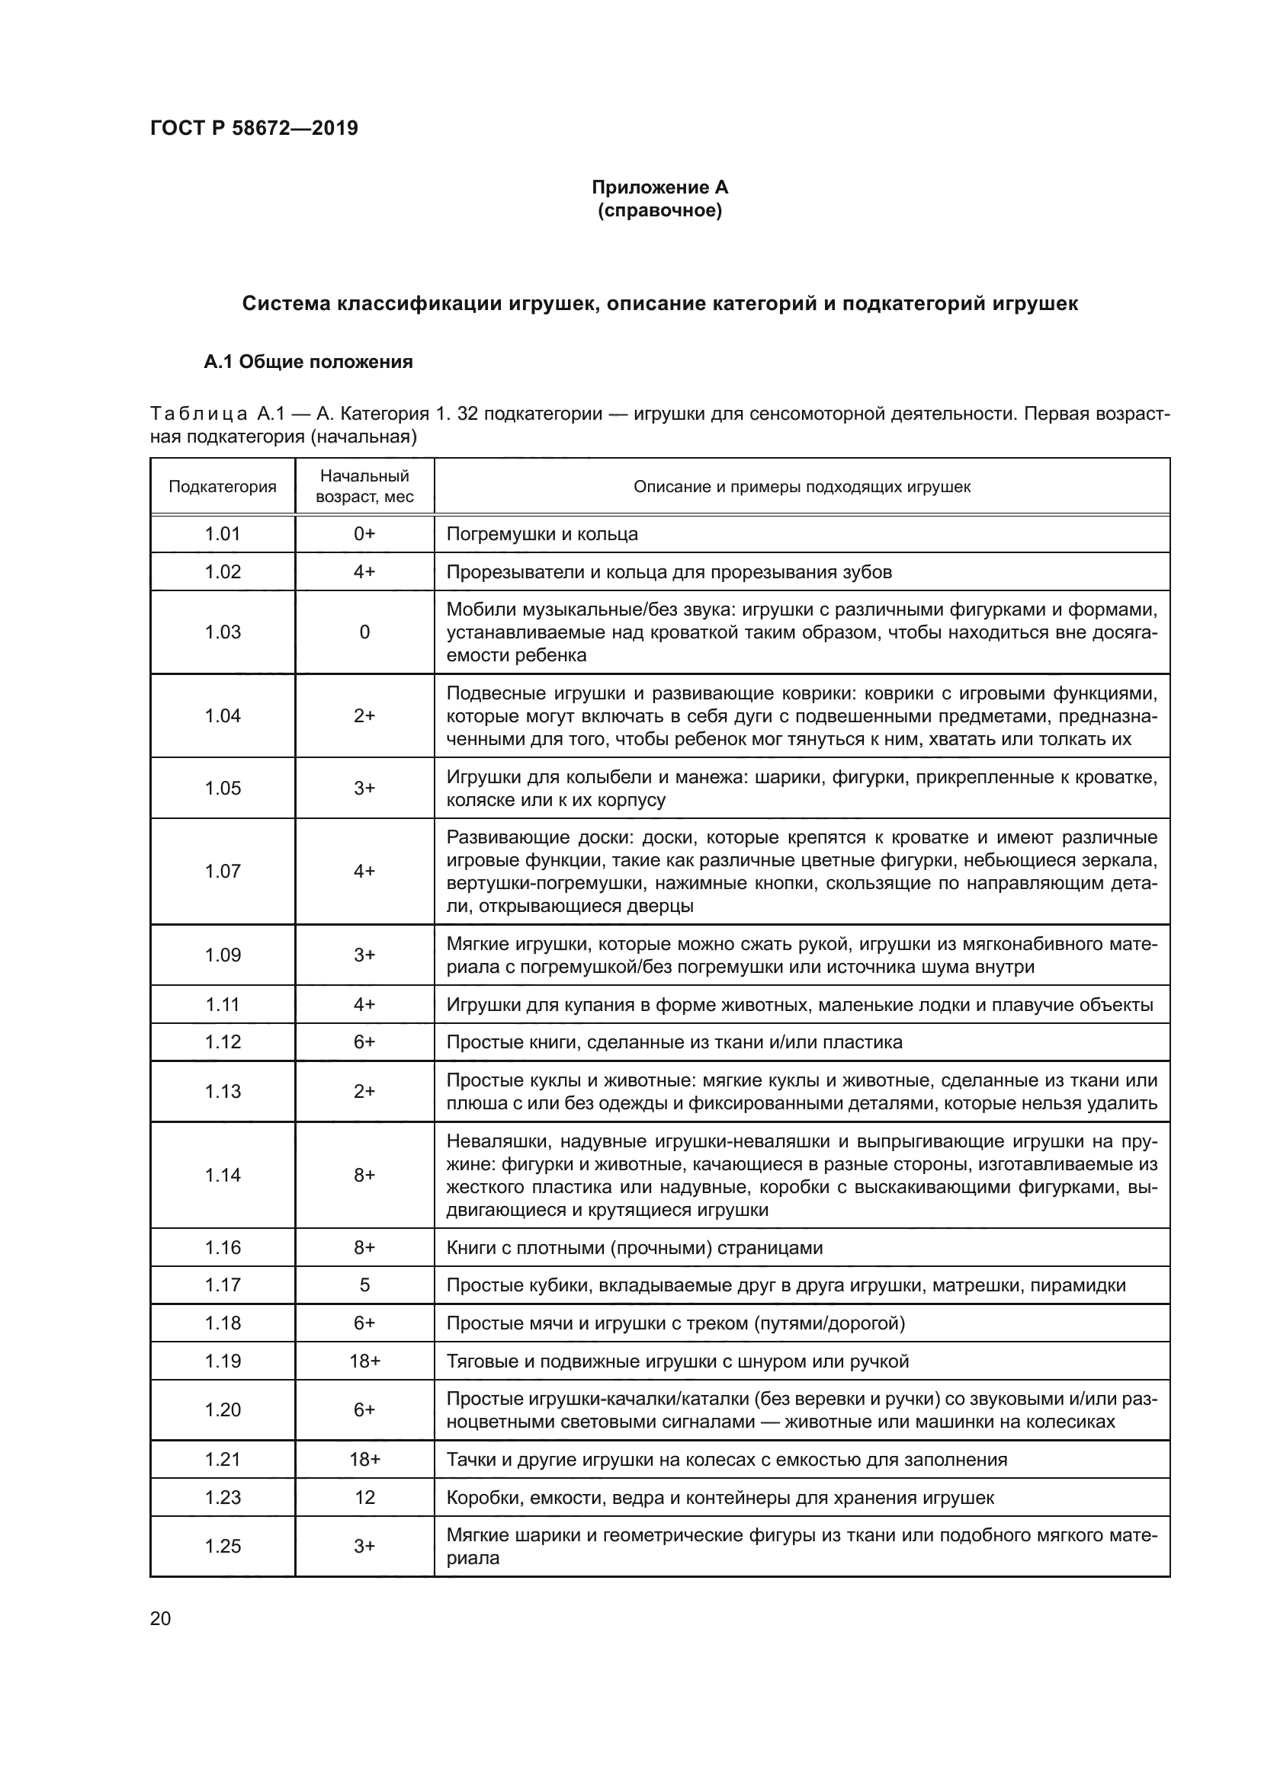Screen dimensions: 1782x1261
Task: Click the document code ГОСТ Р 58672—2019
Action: click(254, 128)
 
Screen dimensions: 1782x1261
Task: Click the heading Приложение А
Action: click(659, 187)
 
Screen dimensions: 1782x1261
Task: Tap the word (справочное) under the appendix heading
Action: click(659, 210)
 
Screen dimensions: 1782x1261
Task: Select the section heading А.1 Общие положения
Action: click(307, 362)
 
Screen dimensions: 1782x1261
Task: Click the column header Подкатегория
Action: click(222, 487)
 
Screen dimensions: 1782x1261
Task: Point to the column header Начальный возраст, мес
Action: click(364, 486)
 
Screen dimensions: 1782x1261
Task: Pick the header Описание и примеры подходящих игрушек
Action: click(801, 487)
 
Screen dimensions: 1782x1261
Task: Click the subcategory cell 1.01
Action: click(222, 534)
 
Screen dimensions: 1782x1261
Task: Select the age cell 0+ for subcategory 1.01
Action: click(364, 534)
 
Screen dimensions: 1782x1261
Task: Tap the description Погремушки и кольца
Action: click(542, 534)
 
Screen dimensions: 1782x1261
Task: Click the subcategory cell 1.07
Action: click(222, 871)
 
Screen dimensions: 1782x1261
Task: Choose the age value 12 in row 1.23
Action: click(364, 1497)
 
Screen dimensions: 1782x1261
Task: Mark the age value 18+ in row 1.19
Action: click(364, 1361)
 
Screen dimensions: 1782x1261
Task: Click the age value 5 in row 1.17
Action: click(364, 1285)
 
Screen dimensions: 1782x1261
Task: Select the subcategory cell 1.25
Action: click(222, 1546)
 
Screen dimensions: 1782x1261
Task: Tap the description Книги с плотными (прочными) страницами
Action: click(634, 1248)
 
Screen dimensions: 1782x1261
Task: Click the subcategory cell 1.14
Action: click(222, 1175)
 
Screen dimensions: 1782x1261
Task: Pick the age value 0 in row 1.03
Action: click(364, 632)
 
